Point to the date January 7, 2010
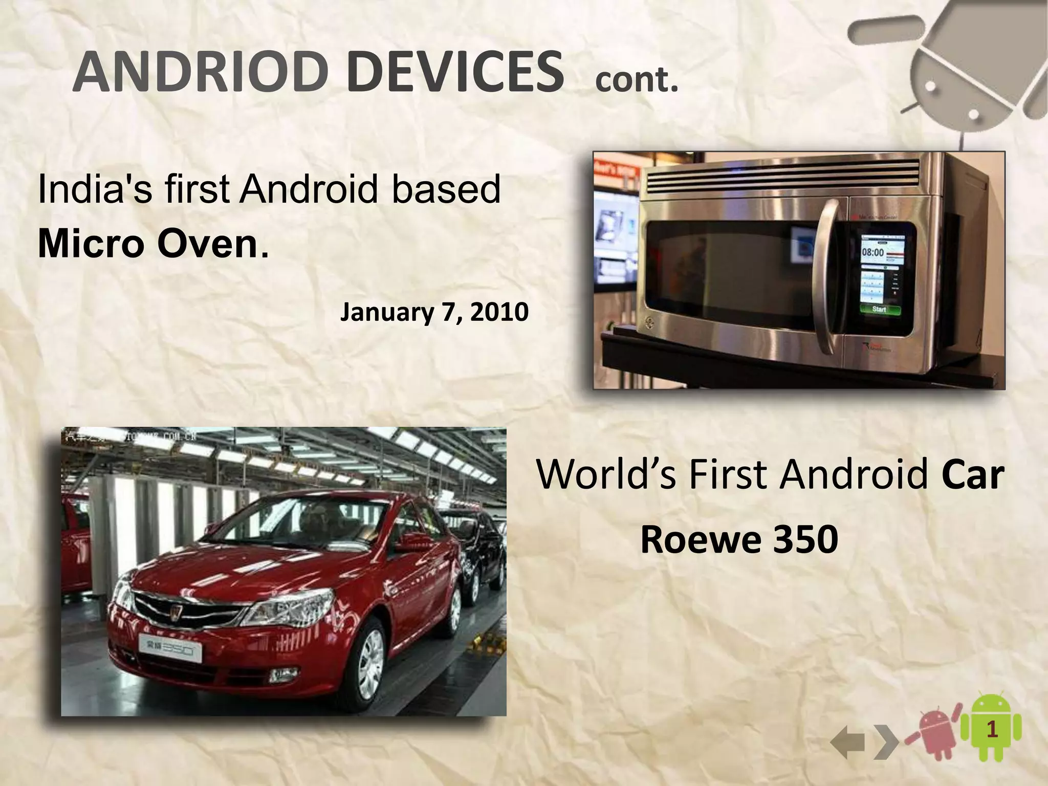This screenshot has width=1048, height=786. (x=434, y=312)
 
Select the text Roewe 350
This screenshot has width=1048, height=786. (x=739, y=539)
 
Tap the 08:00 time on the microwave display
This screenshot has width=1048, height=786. (x=873, y=252)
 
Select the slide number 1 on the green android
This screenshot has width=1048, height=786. (x=991, y=730)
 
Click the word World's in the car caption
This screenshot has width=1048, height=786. (x=606, y=475)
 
